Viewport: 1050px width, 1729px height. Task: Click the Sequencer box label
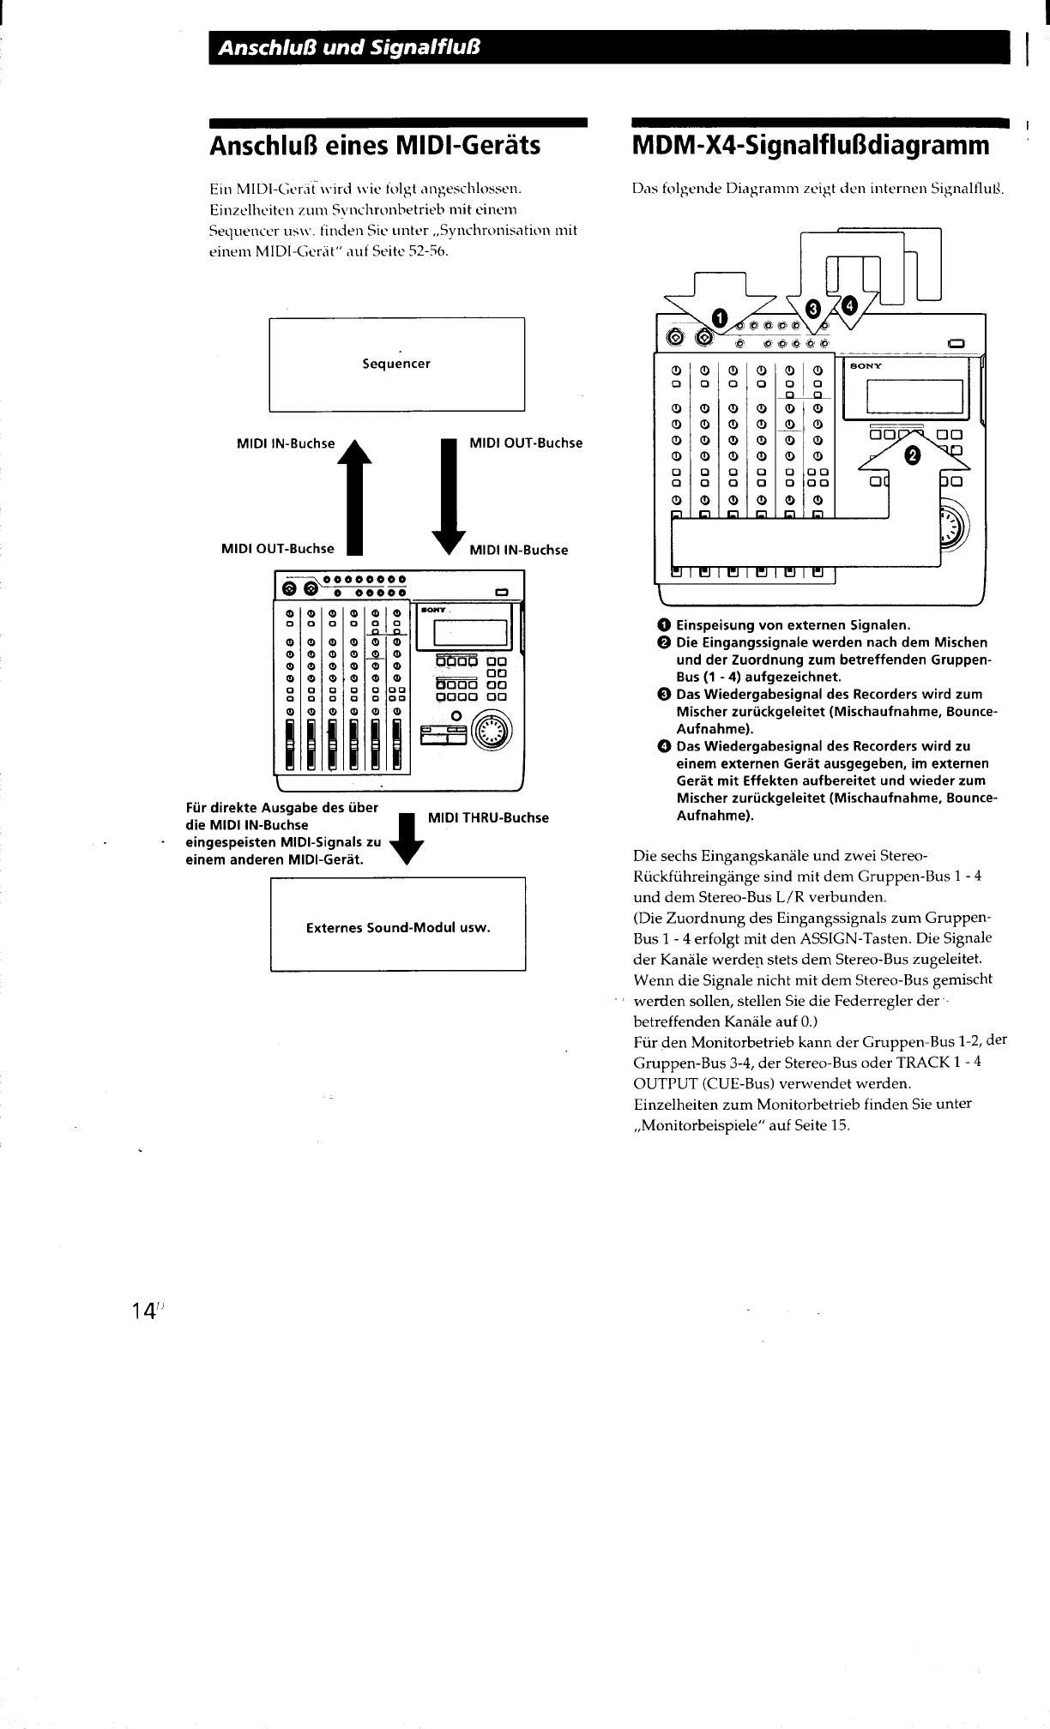396,364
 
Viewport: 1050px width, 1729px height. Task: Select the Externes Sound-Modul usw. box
398,927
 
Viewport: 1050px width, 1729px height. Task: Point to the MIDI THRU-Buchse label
487,817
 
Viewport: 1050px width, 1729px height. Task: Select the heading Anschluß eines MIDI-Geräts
375,145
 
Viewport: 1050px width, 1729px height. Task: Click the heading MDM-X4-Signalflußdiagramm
810,145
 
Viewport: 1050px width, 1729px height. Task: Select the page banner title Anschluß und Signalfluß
348,47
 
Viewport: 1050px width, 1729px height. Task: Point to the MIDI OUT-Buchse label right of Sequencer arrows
526,443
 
